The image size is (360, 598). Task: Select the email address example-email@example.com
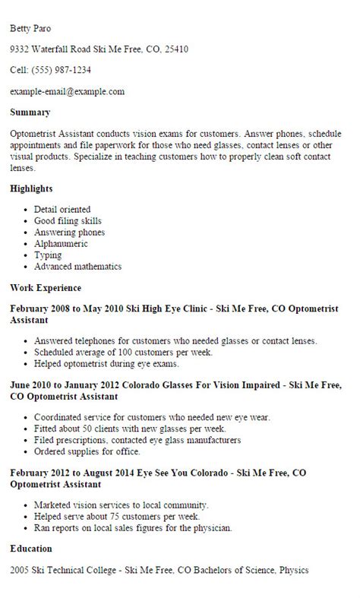pos(67,92)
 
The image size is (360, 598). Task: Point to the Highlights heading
pos(31,188)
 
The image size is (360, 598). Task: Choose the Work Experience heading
pos(46,288)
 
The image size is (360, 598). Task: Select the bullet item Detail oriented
pos(62,209)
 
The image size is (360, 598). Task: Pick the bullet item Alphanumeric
pos(61,244)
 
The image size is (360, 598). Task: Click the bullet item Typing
pos(48,255)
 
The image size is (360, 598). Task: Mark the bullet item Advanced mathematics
pos(77,267)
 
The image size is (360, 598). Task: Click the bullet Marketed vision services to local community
pos(121,505)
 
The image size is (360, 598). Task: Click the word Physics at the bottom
pos(292,569)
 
